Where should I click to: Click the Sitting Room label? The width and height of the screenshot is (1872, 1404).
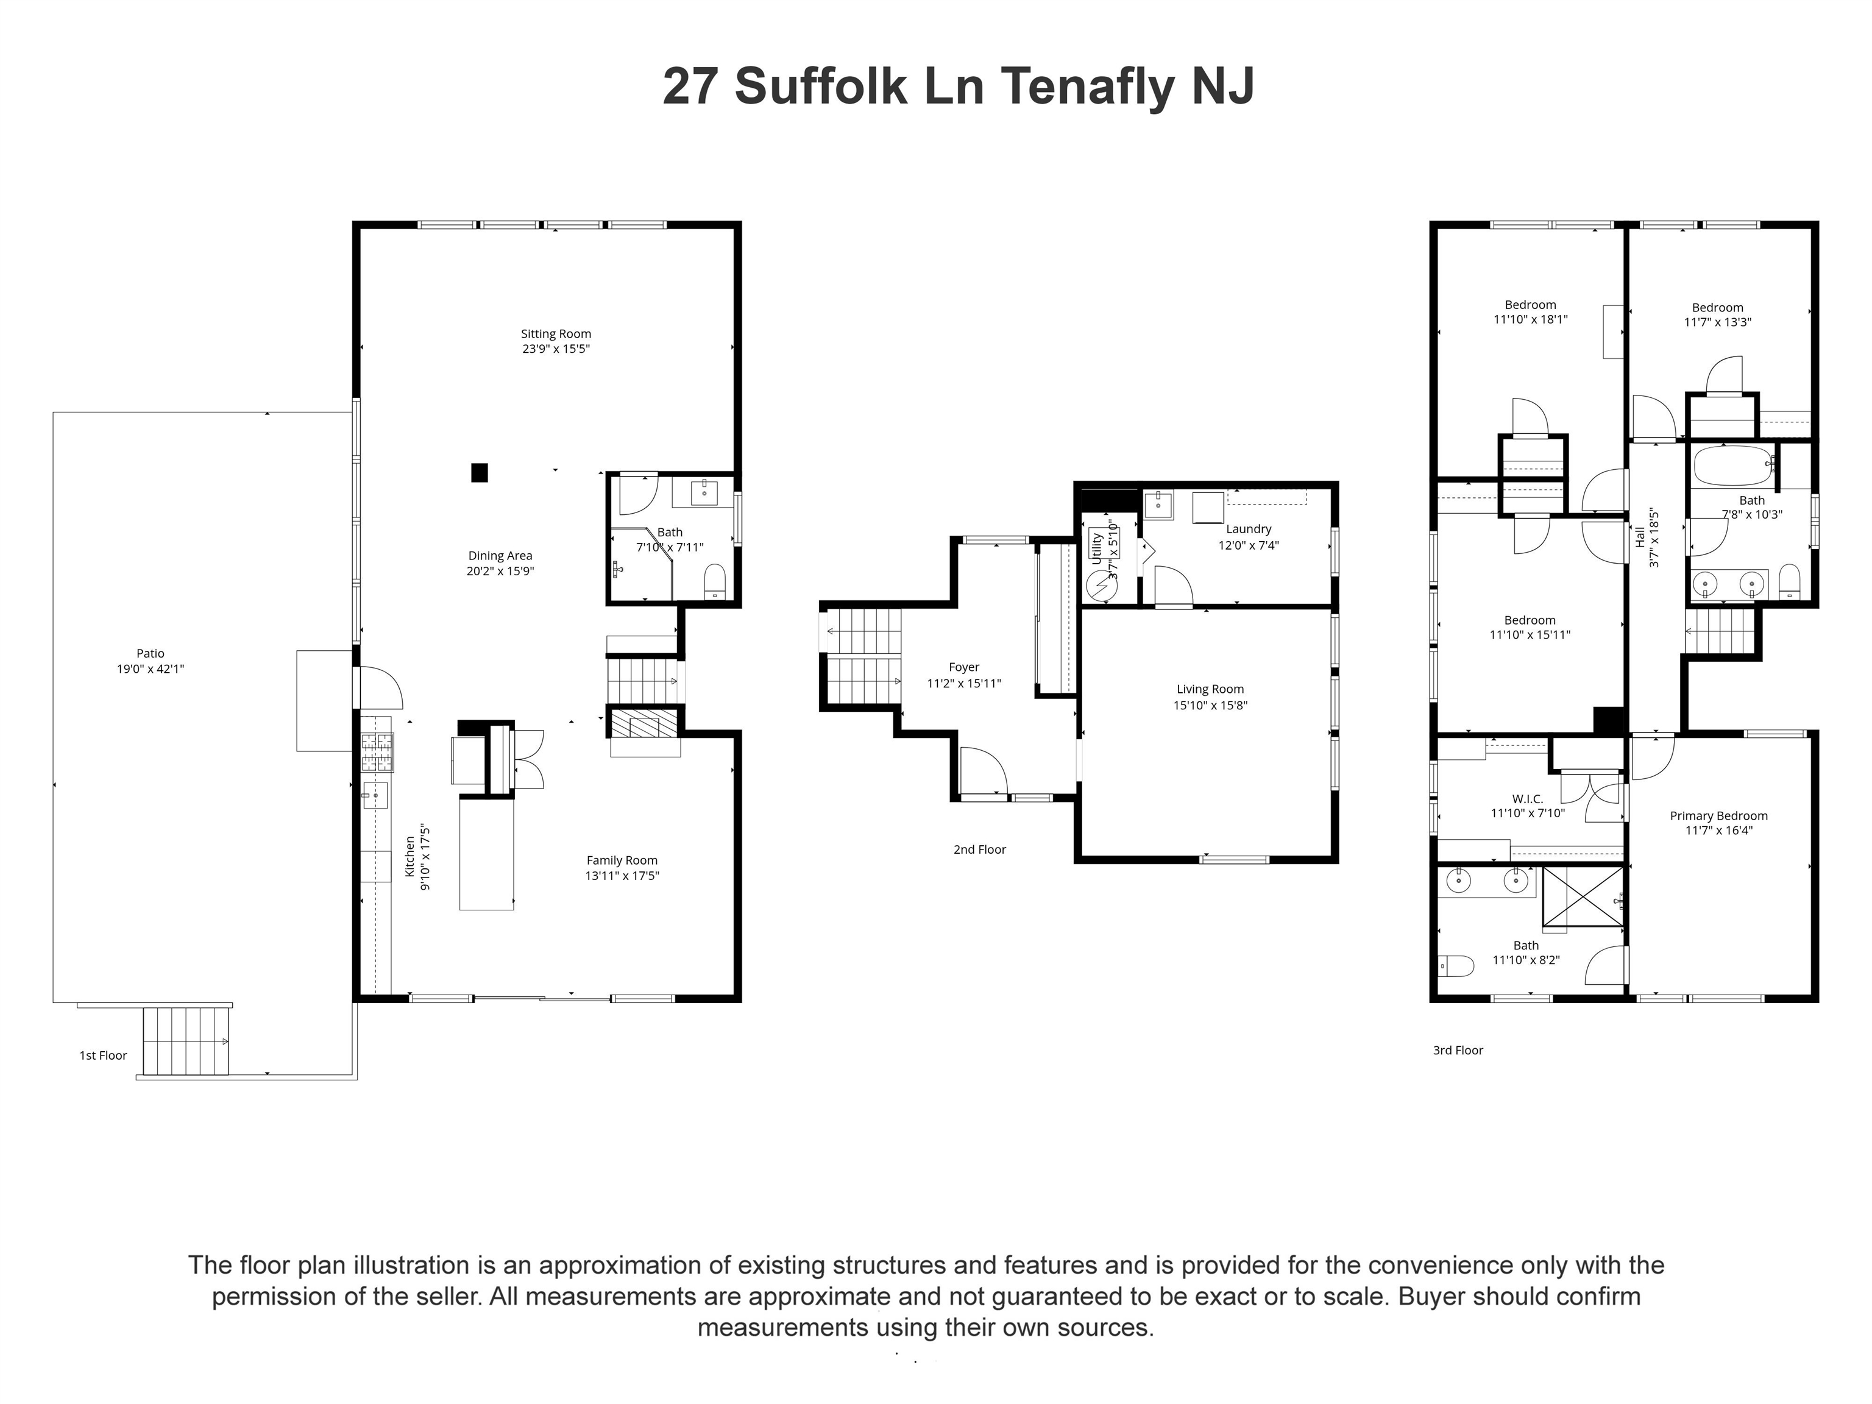click(555, 333)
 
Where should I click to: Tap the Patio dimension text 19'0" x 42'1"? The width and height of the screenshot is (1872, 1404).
click(151, 668)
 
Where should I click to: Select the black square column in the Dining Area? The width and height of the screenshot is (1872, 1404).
click(479, 472)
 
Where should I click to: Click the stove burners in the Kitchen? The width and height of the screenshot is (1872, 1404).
click(377, 753)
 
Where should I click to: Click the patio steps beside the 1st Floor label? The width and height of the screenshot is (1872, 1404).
click(186, 1041)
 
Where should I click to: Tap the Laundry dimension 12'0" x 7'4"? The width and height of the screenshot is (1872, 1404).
click(1248, 545)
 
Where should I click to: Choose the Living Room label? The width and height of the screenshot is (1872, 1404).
click(1210, 689)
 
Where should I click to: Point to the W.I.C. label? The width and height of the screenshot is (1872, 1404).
click(1528, 798)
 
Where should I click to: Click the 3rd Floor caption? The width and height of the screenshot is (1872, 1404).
click(1457, 1050)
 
